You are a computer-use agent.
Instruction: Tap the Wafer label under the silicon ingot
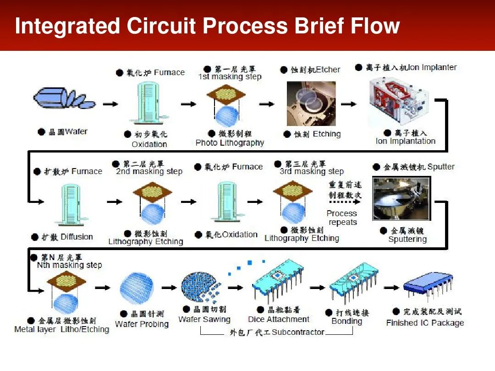[76, 131]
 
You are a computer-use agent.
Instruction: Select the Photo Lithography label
[230, 143]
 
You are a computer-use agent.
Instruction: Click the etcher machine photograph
[311, 104]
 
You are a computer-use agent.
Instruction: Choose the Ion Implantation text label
[405, 141]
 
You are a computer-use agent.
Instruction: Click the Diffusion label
[77, 237]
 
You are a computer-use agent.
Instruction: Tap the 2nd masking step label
[149, 171]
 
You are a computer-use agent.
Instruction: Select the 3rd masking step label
[312, 171]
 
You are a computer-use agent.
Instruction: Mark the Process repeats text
[342, 218]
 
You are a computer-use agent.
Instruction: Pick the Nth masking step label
[69, 265]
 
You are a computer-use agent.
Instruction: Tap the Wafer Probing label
[142, 324]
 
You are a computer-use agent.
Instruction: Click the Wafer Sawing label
[204, 319]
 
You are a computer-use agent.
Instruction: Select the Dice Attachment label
[278, 319]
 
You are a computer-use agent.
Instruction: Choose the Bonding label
[346, 321]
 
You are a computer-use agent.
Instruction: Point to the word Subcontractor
[297, 332]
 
